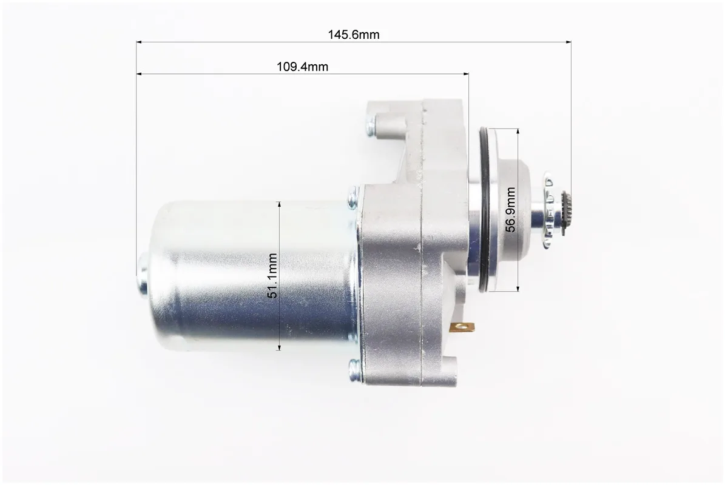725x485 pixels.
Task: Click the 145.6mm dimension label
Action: [354, 35]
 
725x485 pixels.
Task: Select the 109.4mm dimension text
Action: [302, 67]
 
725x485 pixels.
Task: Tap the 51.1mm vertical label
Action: [272, 276]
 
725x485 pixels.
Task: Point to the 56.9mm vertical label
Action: [510, 209]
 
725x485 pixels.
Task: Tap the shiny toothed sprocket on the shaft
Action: [549, 210]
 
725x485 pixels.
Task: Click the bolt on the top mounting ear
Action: [371, 125]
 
